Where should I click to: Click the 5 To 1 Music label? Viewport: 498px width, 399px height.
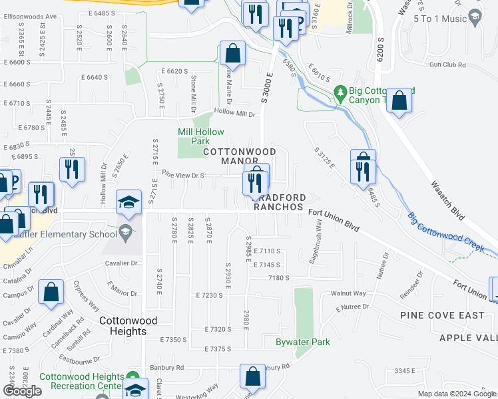point(439,19)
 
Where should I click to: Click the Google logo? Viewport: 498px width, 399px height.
point(21,391)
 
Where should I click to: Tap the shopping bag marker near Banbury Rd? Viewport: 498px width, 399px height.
point(253,376)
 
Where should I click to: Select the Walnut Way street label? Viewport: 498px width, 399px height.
point(350,293)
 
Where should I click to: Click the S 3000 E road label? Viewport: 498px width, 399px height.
point(266,88)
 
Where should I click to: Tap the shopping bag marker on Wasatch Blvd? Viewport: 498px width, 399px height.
point(398,101)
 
